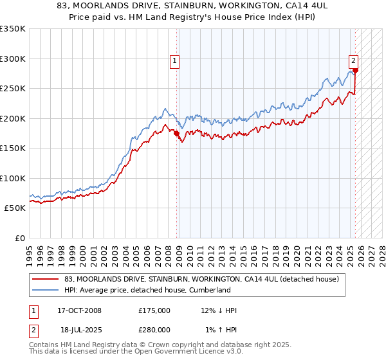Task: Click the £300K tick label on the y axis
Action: pyautogui.click(x=13, y=59)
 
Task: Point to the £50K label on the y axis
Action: pyautogui.click(x=15, y=208)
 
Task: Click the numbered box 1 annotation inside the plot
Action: pyautogui.click(x=175, y=61)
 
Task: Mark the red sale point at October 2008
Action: pyautogui.click(x=177, y=134)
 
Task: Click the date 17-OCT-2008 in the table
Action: pyautogui.click(x=79, y=310)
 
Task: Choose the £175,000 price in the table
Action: pyautogui.click(x=154, y=310)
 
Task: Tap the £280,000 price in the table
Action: pyautogui.click(x=154, y=329)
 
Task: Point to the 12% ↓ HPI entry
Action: pyautogui.click(x=219, y=310)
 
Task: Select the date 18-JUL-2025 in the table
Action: pyautogui.click(x=79, y=329)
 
